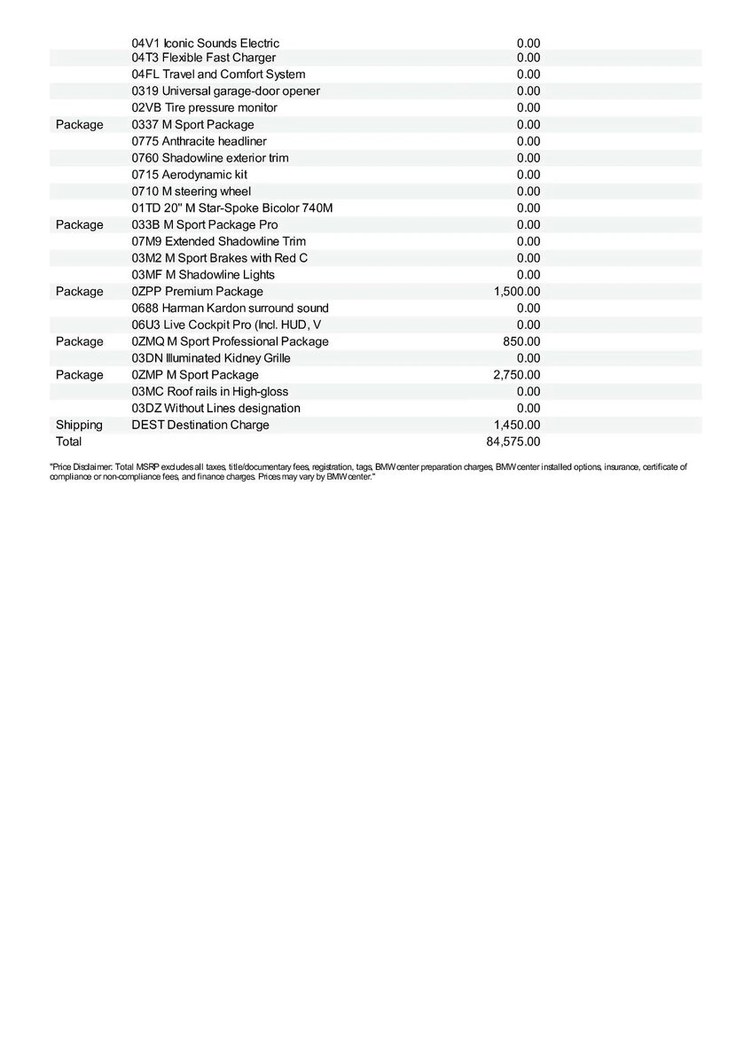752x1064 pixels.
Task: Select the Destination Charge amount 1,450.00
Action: pyautogui.click(x=517, y=425)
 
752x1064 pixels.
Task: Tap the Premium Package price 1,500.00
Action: pyautogui.click(x=517, y=292)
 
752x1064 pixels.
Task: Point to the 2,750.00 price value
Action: pyautogui.click(x=517, y=375)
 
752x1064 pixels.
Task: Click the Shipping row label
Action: pyautogui.click(x=79, y=425)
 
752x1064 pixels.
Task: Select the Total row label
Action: pyautogui.click(x=68, y=442)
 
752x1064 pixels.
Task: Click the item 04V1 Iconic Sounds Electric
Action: pyautogui.click(x=206, y=43)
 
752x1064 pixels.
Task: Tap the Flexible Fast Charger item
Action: pyautogui.click(x=204, y=58)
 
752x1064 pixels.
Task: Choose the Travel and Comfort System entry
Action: pyautogui.click(x=218, y=74)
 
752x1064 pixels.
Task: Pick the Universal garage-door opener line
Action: pyautogui.click(x=226, y=91)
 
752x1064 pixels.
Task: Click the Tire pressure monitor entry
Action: pyautogui.click(x=205, y=108)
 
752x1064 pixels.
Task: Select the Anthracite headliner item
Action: pyautogui.click(x=200, y=141)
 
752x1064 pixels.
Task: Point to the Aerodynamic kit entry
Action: pyautogui.click(x=190, y=175)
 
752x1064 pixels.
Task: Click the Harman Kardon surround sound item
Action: pyautogui.click(x=230, y=309)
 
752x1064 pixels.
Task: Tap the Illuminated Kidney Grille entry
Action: pyautogui.click(x=211, y=358)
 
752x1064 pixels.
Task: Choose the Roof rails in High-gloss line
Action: pyautogui.click(x=210, y=392)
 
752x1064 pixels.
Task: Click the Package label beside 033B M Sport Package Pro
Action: pyautogui.click(x=79, y=225)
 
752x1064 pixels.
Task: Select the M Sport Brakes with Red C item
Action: pyautogui.click(x=220, y=258)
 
